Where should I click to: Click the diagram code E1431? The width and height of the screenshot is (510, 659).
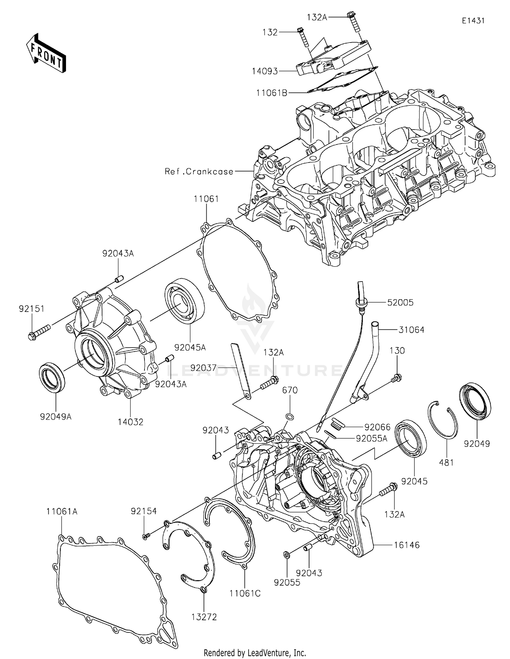coord(473,21)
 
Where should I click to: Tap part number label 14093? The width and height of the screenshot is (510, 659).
coord(265,71)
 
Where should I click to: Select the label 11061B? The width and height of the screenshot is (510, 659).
coord(272,92)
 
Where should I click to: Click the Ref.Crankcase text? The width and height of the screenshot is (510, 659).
coord(199,172)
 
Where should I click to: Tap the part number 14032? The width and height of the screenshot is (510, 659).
coord(131,422)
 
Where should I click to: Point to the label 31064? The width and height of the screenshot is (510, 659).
coord(412,330)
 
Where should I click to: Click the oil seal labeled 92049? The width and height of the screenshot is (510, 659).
coord(475,401)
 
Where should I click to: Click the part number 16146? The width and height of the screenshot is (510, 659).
coord(407,545)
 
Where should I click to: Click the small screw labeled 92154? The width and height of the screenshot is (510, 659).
coord(145,536)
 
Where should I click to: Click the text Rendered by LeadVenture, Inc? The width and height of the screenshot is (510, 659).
coord(255,653)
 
